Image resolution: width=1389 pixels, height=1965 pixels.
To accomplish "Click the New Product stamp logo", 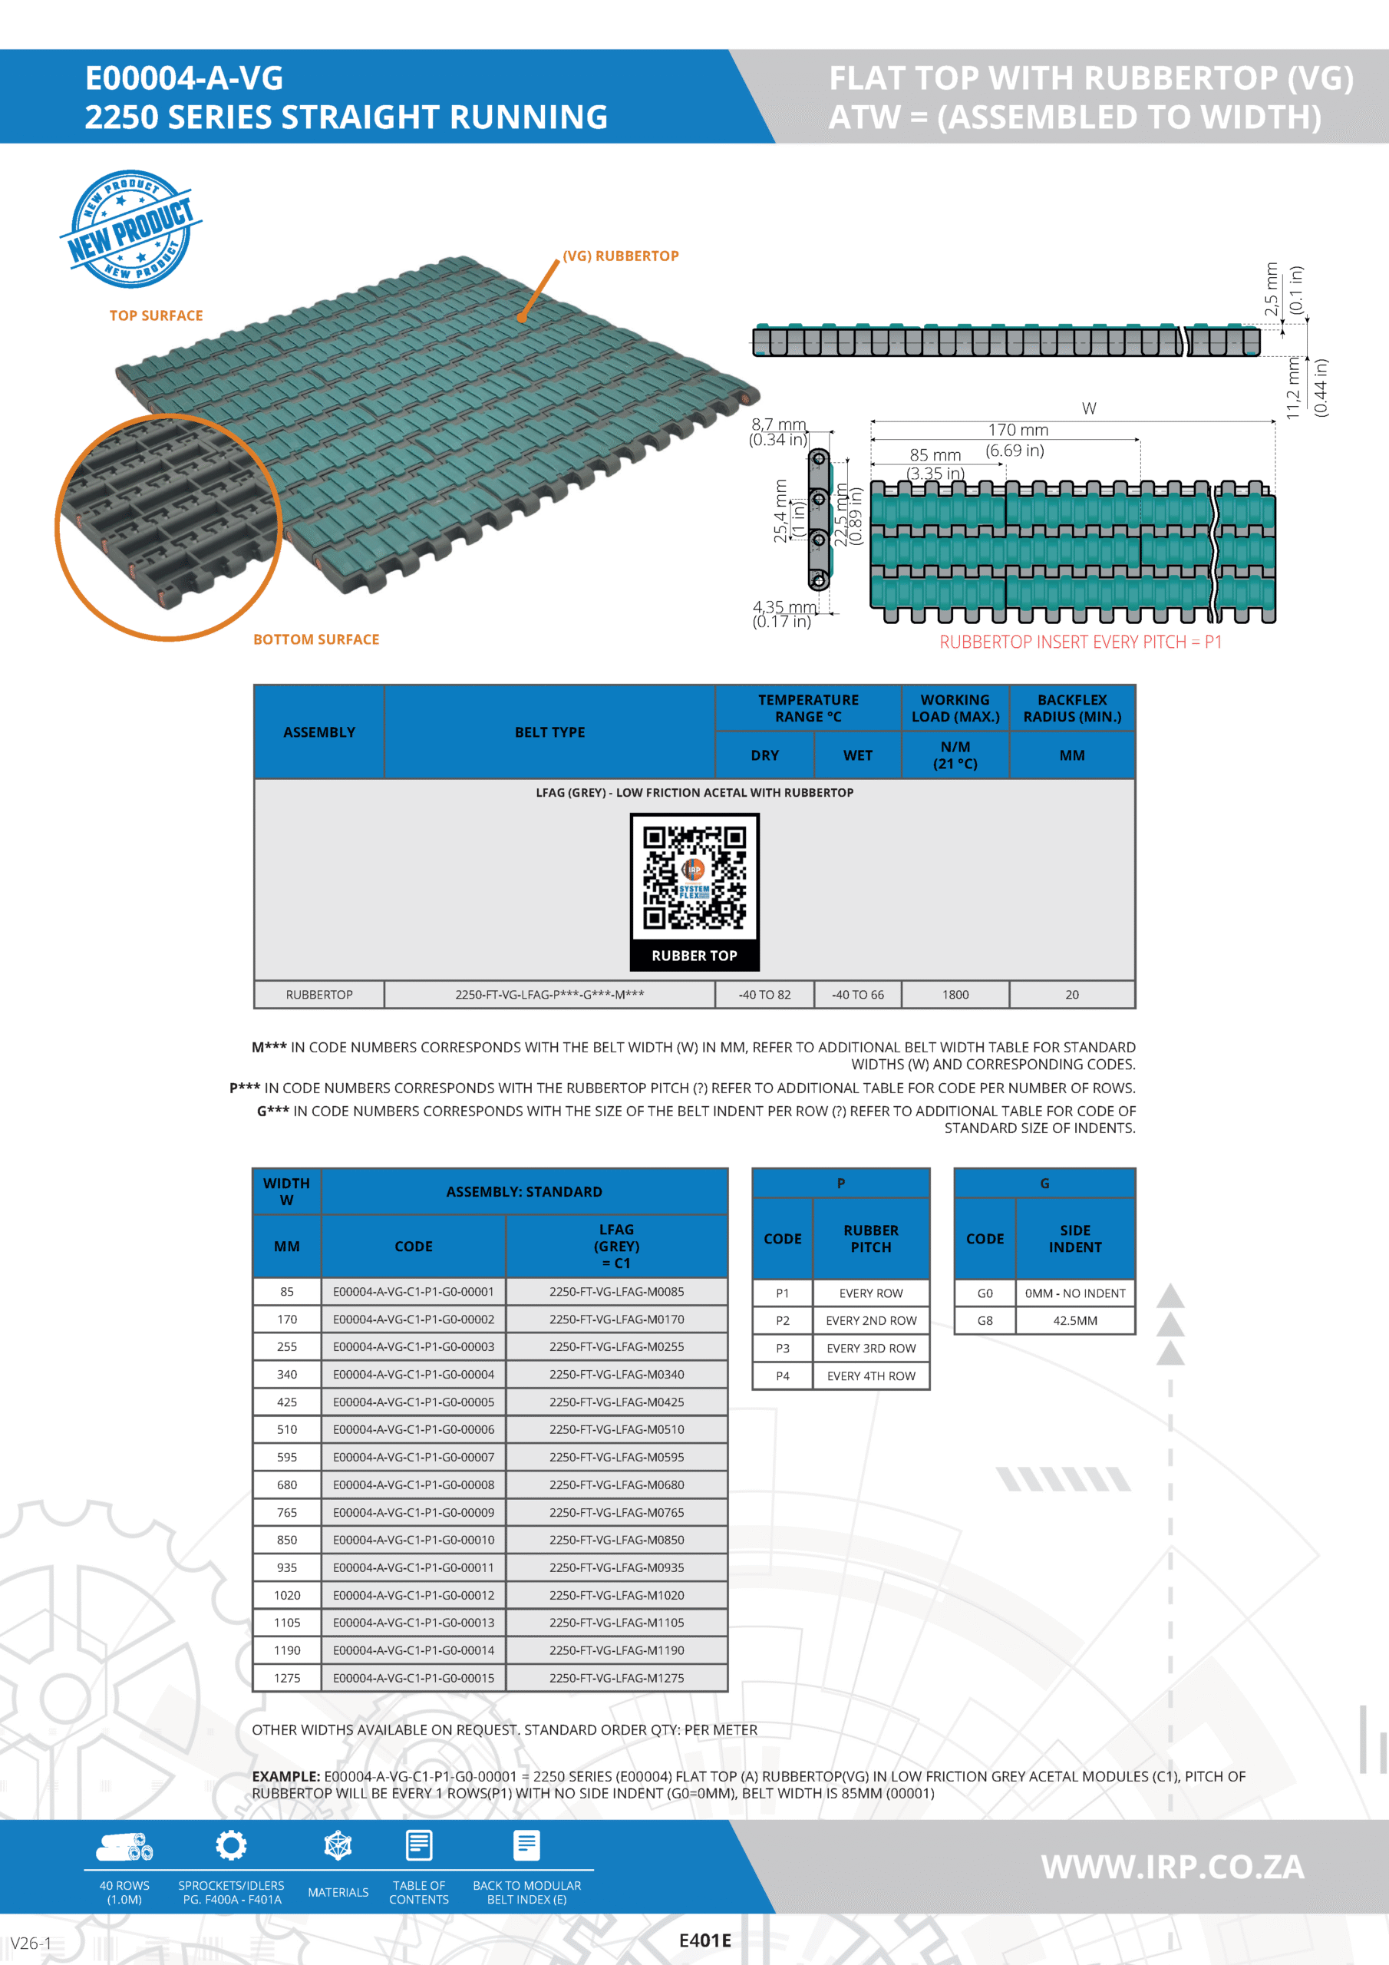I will (x=131, y=229).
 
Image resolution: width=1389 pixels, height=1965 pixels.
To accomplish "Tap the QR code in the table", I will (x=694, y=878).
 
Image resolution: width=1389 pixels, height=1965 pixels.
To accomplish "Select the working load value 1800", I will (x=955, y=995).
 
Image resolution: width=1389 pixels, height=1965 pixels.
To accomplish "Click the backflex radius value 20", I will (x=1071, y=995).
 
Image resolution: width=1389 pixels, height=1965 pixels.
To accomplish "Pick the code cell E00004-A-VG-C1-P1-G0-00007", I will (x=414, y=1457).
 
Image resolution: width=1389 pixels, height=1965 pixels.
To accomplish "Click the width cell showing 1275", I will (x=287, y=1677).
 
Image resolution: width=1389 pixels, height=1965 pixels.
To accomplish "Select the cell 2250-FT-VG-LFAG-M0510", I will (x=616, y=1429).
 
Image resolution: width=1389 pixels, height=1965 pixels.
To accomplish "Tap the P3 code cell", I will (x=782, y=1348).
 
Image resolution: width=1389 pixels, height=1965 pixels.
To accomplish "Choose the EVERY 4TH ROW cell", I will (x=870, y=1376).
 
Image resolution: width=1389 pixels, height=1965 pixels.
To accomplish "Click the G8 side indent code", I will (x=985, y=1320).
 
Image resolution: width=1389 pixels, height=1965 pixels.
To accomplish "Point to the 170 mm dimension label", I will (x=1018, y=431).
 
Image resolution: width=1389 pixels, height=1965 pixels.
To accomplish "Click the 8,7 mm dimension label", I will (x=779, y=424).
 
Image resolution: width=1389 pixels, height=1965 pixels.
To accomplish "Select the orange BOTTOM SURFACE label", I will (x=316, y=639).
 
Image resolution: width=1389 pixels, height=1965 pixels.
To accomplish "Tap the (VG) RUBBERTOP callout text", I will (x=621, y=256).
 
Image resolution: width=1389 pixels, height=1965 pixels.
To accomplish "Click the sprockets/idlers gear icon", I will (x=231, y=1846).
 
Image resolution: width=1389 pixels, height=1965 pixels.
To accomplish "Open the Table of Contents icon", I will (x=418, y=1846).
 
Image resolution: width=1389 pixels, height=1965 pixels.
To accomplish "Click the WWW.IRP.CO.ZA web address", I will (x=1173, y=1867).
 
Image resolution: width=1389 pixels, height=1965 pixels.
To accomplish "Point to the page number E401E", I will (x=704, y=1940).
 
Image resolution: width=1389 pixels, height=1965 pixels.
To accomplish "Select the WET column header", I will (x=857, y=755).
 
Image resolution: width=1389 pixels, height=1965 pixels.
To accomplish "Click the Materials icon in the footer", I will (x=338, y=1846).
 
